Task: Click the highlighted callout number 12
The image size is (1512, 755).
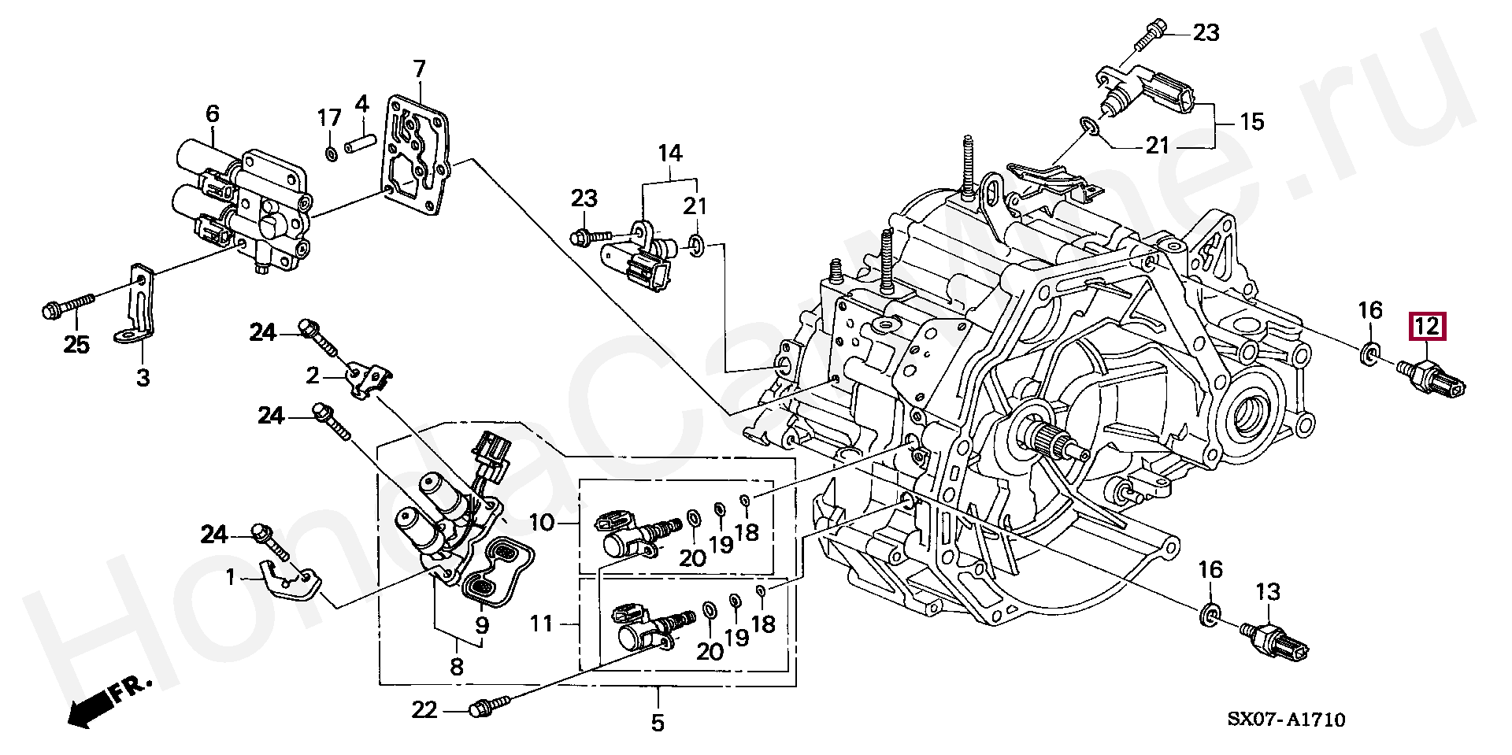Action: tap(1427, 326)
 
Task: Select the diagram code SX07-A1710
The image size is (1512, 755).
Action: tap(1286, 720)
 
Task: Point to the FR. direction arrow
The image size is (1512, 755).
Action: tap(107, 702)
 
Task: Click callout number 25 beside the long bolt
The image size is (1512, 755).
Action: tap(76, 344)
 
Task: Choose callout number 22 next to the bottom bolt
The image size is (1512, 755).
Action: tap(424, 710)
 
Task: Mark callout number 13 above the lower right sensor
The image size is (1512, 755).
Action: tap(1268, 591)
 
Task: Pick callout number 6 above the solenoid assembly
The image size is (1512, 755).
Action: tap(213, 114)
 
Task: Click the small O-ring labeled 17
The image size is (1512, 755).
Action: tap(332, 152)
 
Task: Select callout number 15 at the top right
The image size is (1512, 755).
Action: tap(1252, 122)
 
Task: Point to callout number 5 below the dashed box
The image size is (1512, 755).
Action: tap(658, 722)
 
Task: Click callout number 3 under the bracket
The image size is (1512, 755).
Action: tap(143, 377)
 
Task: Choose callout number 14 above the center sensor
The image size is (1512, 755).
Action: tap(670, 153)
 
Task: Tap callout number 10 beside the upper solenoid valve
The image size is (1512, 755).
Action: tap(542, 522)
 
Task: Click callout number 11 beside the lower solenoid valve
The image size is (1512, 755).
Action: tap(542, 624)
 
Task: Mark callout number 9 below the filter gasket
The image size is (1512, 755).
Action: tap(482, 625)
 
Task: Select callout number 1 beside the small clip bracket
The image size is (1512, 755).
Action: tap(231, 579)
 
